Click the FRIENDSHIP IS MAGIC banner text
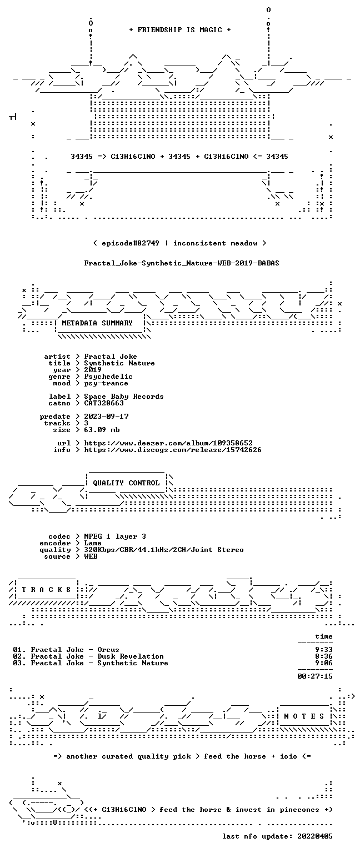(x=180, y=29)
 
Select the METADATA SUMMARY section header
(x=97, y=323)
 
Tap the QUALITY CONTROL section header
(x=126, y=483)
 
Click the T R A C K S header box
(x=46, y=590)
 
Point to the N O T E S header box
(x=304, y=716)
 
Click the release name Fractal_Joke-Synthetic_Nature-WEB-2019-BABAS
(x=182, y=263)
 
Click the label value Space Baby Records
(x=124, y=397)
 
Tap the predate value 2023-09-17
(x=106, y=416)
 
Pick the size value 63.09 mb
(x=102, y=429)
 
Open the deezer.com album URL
(x=168, y=443)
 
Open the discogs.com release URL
(x=173, y=450)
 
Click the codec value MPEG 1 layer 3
(x=115, y=536)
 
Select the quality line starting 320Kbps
(x=164, y=549)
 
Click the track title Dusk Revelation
(x=131, y=656)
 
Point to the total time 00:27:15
(x=315, y=676)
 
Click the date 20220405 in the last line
(x=315, y=836)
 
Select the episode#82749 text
(x=131, y=243)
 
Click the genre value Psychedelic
(x=108, y=377)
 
